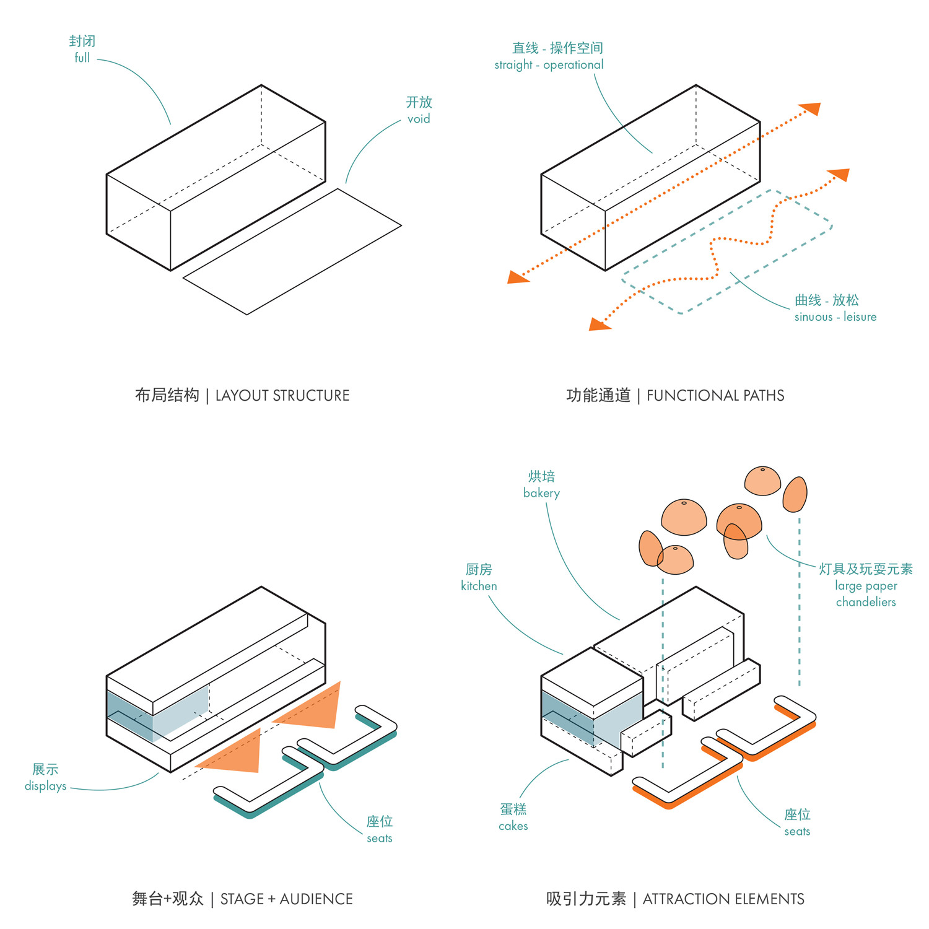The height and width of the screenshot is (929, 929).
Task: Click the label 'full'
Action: [x=82, y=58]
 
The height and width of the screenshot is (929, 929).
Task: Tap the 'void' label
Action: [x=419, y=118]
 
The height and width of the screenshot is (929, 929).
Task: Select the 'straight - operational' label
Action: [x=549, y=64]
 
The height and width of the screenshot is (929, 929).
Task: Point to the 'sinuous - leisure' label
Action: [x=835, y=316]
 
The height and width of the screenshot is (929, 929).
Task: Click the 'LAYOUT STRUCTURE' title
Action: [x=282, y=395]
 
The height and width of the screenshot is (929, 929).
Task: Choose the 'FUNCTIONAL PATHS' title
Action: [x=715, y=395]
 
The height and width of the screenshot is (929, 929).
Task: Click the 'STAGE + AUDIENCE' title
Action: [x=286, y=899]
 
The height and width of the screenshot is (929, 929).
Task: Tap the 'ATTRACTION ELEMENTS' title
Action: [x=723, y=899]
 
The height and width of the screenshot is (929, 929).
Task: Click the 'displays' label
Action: [x=45, y=785]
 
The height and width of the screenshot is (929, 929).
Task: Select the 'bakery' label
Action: [x=541, y=493]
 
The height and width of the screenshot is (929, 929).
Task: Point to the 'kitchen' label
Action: [x=479, y=585]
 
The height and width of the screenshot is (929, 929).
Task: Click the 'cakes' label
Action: [x=513, y=826]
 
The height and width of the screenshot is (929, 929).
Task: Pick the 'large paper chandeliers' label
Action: [x=866, y=593]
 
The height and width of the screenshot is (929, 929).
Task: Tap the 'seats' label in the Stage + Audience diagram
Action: [x=380, y=838]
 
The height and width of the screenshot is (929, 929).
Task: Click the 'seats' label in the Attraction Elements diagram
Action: [x=797, y=831]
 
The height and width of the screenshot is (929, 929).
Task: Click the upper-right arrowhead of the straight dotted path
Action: [x=811, y=110]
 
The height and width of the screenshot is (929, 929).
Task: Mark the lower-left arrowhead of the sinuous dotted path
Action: [x=598, y=324]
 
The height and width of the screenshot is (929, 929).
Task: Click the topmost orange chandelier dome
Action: [x=762, y=481]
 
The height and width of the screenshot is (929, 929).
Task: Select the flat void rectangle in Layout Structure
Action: [x=292, y=251]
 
